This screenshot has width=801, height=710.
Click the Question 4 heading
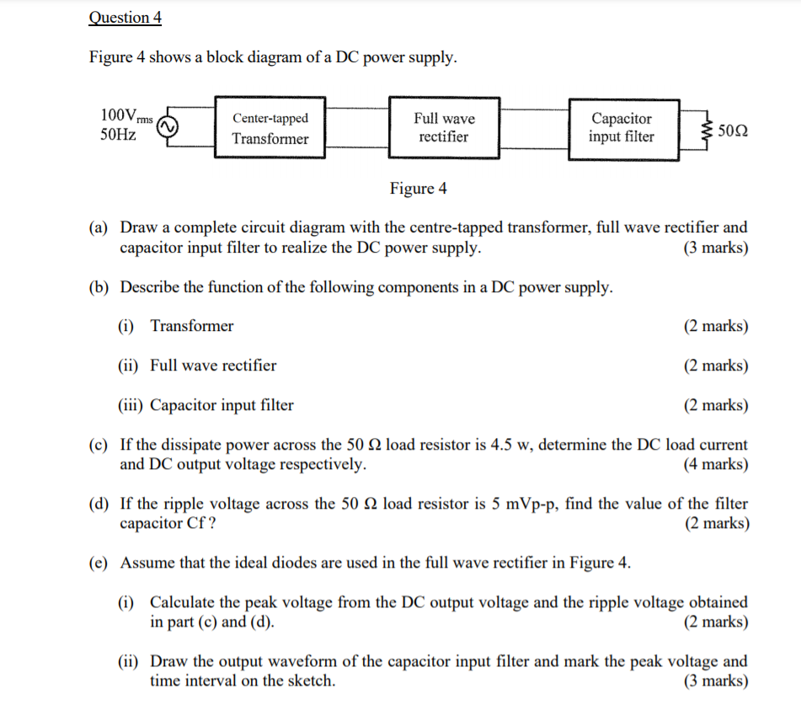[x=125, y=18]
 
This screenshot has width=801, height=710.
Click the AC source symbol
[x=165, y=127]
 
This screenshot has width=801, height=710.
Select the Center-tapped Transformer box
[x=270, y=128]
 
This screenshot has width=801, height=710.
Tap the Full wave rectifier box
[x=444, y=127]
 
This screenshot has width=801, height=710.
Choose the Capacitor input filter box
[x=621, y=127]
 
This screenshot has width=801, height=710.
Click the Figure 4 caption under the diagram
[x=418, y=189]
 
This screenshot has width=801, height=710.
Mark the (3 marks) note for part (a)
[x=715, y=248]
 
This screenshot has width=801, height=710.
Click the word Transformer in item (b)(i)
[x=192, y=326]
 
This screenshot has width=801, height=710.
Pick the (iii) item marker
[x=129, y=406]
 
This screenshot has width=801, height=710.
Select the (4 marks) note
[x=715, y=464]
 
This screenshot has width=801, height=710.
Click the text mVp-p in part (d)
[x=530, y=504]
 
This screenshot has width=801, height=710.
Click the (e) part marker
[x=99, y=563]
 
